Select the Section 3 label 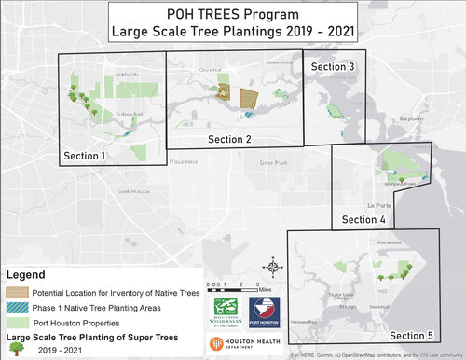333,67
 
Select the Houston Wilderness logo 228,308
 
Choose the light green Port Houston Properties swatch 20,322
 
